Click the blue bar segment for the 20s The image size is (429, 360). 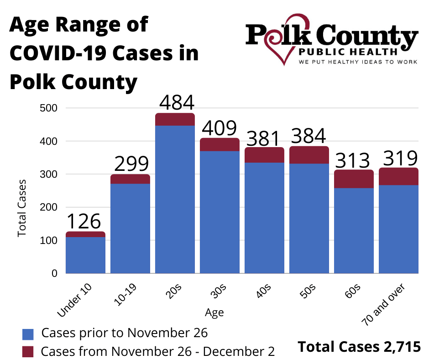(x=175, y=199)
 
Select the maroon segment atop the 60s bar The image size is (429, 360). (x=354, y=179)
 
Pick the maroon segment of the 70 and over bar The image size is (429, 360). (x=398, y=176)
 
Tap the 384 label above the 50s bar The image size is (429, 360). (x=309, y=136)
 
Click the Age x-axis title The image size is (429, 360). (x=214, y=313)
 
